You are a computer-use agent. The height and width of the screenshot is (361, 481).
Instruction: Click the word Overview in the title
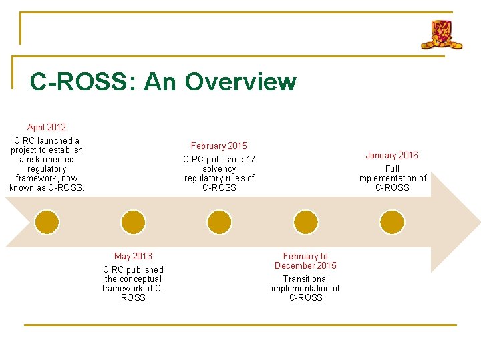coord(240,82)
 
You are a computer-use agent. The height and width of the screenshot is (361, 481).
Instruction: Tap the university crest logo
coord(441,35)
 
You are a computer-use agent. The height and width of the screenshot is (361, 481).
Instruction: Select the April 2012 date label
coord(47,127)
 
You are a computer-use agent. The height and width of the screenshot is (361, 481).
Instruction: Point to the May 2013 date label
coord(133,256)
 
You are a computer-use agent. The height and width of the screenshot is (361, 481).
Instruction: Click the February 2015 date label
coord(219,146)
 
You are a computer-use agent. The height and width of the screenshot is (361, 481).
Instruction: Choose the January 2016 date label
coord(391,155)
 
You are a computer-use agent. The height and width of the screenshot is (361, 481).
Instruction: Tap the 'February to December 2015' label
coord(305,261)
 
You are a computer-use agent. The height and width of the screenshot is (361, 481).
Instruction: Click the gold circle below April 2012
coord(47,222)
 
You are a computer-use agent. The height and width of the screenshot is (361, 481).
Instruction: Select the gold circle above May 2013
coord(133,222)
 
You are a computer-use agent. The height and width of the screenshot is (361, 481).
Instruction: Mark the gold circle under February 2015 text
coord(219,222)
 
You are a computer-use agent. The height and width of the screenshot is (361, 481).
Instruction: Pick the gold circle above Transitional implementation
coord(305,222)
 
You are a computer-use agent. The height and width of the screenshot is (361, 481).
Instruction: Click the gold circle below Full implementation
coord(391,222)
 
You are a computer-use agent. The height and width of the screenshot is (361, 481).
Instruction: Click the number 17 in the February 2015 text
coord(250,159)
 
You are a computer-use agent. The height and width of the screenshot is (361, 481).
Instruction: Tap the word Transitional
coord(305,279)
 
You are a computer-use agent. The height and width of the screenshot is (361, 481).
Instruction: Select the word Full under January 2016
coord(392,168)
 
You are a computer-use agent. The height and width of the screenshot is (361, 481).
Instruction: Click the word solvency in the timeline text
coord(219,168)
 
